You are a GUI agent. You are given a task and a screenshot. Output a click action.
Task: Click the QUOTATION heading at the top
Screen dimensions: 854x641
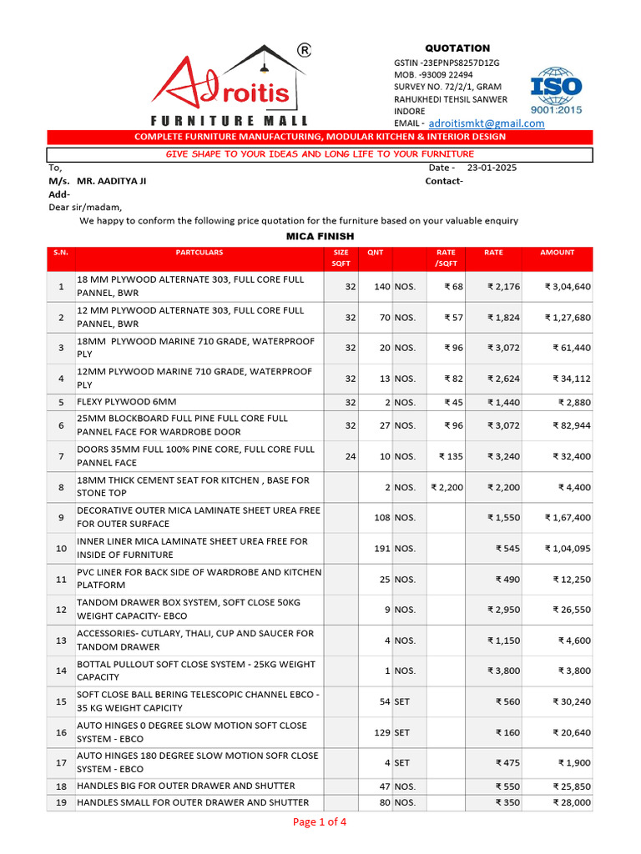pos(458,48)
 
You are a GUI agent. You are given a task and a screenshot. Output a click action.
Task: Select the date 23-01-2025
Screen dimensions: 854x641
pos(492,168)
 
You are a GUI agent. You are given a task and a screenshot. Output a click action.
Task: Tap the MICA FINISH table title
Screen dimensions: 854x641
pos(320,237)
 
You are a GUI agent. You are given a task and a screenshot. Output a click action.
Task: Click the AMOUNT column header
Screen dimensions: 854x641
pos(557,253)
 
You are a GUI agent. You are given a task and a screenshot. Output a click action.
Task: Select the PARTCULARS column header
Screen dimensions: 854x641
pos(199,253)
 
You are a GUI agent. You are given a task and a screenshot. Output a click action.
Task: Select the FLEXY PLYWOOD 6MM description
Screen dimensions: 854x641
pos(127,402)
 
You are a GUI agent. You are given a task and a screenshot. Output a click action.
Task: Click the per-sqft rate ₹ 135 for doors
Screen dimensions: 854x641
pos(451,456)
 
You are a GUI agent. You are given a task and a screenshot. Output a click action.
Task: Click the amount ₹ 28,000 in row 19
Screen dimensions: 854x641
pos(571,803)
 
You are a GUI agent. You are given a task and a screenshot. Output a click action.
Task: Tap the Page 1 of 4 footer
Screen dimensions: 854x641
pos(320,822)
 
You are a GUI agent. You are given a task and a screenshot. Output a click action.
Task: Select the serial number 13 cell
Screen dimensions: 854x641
pos(60,640)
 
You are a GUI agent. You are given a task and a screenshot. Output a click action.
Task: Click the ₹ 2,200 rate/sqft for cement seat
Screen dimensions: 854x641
pos(447,487)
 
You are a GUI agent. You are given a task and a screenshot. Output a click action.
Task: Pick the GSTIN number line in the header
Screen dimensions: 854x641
pos(447,63)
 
